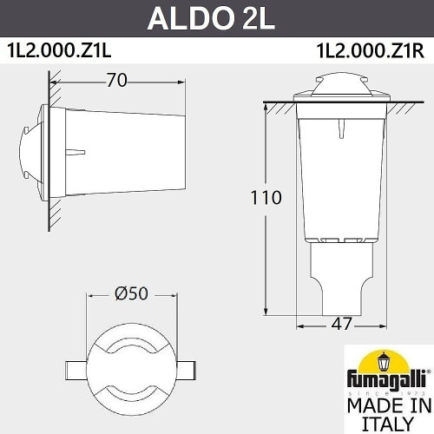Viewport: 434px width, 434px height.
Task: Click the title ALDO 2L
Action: [217, 18]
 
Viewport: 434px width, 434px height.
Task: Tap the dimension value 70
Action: [118, 81]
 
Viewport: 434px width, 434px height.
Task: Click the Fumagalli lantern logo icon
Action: [384, 360]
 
